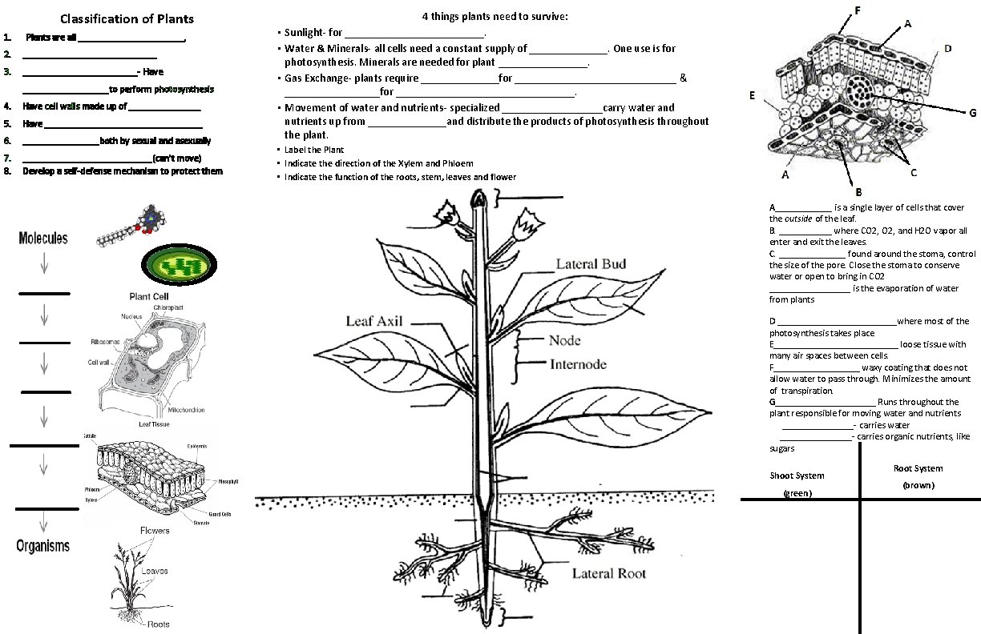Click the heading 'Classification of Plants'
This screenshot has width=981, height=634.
click(x=127, y=19)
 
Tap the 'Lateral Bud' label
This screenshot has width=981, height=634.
click(x=591, y=264)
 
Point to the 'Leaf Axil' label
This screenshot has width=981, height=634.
click(x=373, y=322)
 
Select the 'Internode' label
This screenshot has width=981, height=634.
click(x=578, y=365)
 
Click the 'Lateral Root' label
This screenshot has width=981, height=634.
click(x=608, y=573)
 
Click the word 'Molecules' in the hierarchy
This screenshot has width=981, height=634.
click(x=43, y=239)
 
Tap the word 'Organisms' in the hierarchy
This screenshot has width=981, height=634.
click(x=43, y=546)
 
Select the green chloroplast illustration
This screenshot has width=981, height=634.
click(x=180, y=264)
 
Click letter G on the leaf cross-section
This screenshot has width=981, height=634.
click(x=972, y=113)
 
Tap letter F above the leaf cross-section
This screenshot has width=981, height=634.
click(x=858, y=10)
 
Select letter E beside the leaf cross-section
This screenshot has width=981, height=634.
click(x=752, y=95)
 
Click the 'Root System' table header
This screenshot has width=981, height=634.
click(x=918, y=468)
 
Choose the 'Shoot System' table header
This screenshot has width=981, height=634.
click(x=797, y=475)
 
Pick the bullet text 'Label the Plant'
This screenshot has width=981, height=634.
click(x=314, y=150)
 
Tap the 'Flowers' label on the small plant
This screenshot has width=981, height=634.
click(x=155, y=532)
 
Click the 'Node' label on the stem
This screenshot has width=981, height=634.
click(x=564, y=340)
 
